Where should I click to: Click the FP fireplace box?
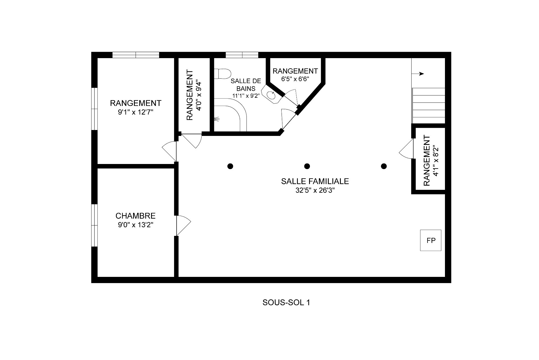pos(430,240)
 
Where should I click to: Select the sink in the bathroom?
pos(271,95)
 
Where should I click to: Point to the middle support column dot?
pos(307,166)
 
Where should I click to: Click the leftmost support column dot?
pos(230,166)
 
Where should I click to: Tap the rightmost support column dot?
pos(384,166)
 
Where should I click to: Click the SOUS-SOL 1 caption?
pos(286,302)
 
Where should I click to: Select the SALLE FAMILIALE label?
pos(315,181)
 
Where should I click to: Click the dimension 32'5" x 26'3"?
pos(315,190)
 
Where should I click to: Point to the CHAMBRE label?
pos(135,216)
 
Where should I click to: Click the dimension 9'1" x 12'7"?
pos(136,112)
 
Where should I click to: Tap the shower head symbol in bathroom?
pos(216,119)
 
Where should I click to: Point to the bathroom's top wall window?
pos(242,55)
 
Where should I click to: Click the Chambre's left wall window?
pos(94,225)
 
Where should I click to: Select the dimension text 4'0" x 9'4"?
pos(199,95)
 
